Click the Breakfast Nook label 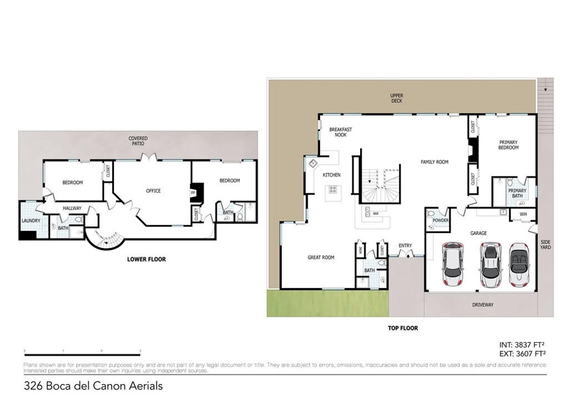341,132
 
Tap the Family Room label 434,162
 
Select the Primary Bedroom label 508,144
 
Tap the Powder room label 441,220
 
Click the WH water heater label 523,214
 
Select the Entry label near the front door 405,245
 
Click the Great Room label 321,258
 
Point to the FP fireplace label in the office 193,193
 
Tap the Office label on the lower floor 153,191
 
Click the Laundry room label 31,220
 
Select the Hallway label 72,208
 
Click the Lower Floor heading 146,259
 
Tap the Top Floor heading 403,328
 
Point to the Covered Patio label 138,141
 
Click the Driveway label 483,305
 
